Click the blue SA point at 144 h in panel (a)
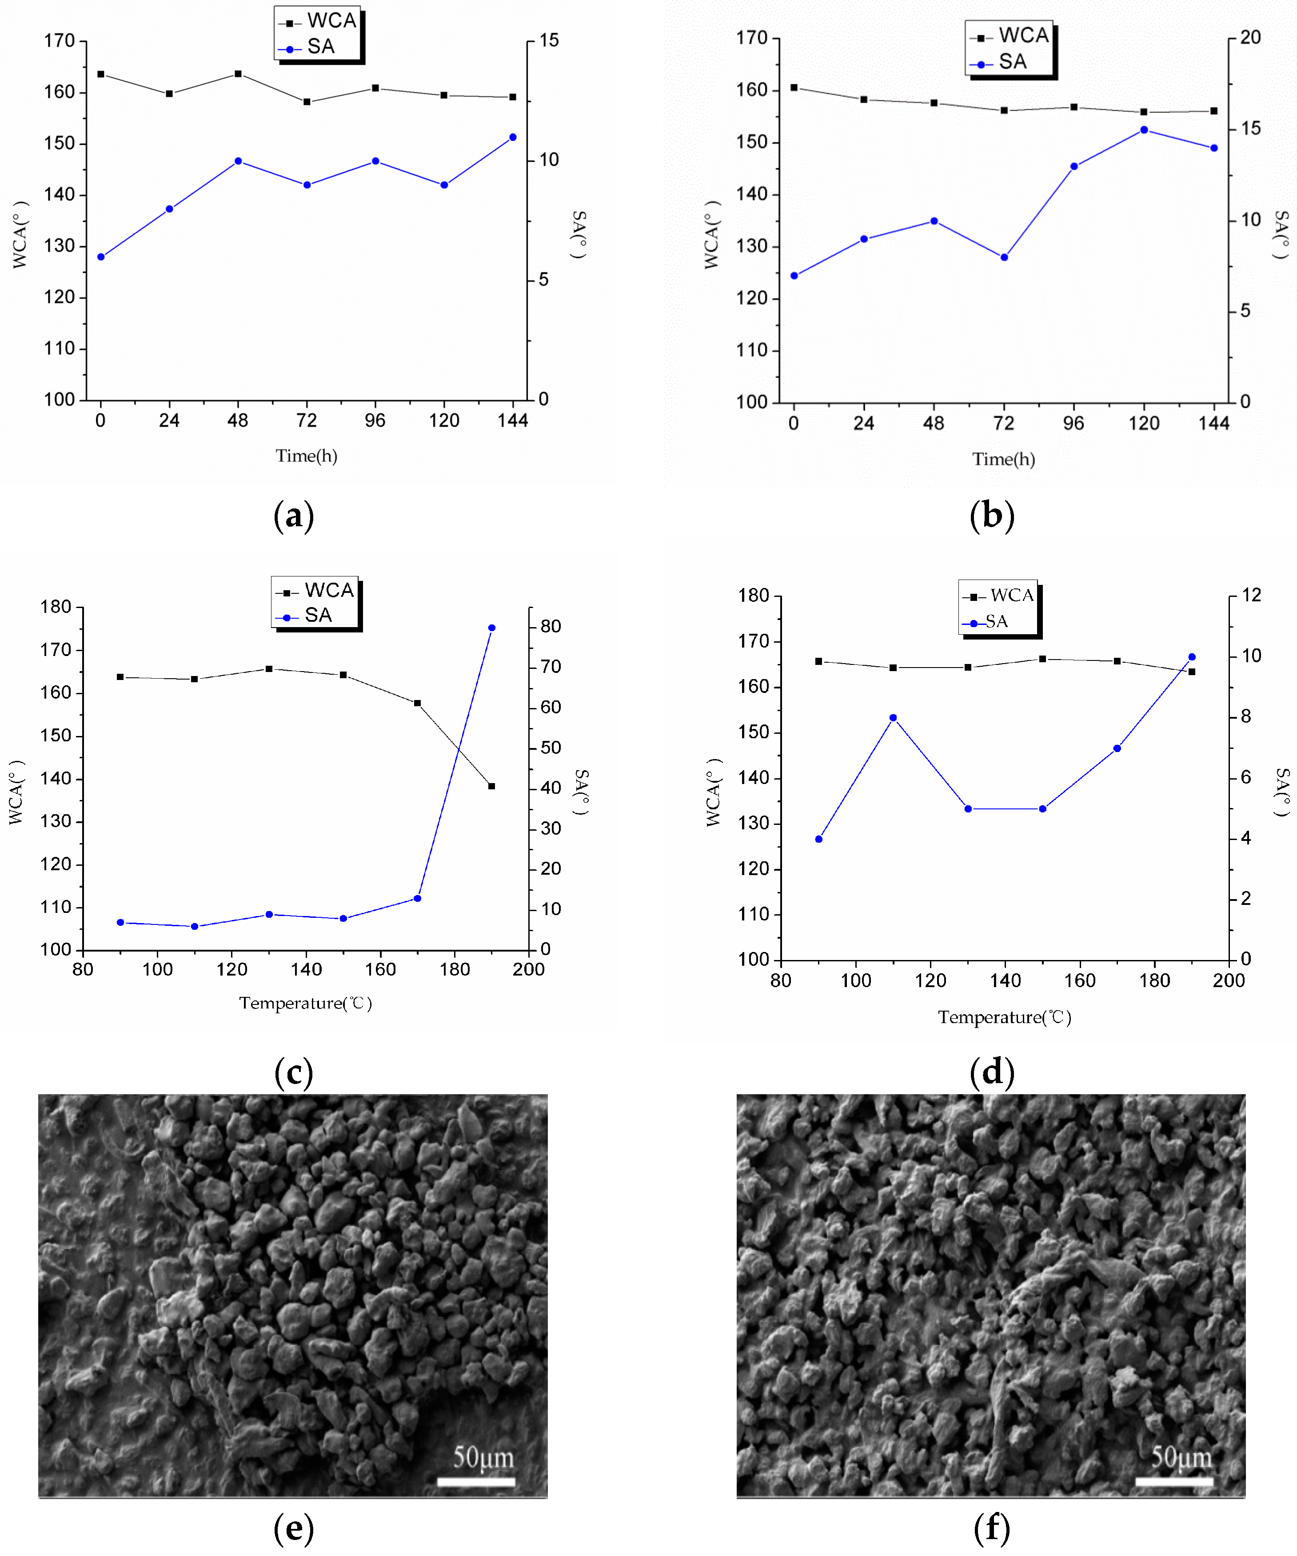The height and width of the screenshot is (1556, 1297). click(x=513, y=137)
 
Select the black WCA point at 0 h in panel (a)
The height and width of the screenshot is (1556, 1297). click(x=101, y=74)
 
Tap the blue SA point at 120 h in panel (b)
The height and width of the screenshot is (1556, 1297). click(x=1144, y=130)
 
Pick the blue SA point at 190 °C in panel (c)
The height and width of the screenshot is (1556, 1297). click(x=492, y=628)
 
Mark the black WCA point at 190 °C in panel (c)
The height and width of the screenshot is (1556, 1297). click(x=492, y=786)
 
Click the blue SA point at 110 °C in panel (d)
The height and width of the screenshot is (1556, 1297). click(x=893, y=717)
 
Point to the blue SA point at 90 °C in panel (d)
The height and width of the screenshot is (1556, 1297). click(x=818, y=839)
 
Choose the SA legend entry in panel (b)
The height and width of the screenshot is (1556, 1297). click(x=1012, y=62)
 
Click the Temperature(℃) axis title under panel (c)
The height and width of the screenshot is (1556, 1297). click(x=305, y=1003)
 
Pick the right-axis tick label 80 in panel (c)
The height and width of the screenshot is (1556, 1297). click(x=551, y=626)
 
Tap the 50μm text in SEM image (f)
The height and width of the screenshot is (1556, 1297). click(x=1181, y=1457)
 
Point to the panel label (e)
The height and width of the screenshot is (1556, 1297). click(x=294, y=1528)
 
